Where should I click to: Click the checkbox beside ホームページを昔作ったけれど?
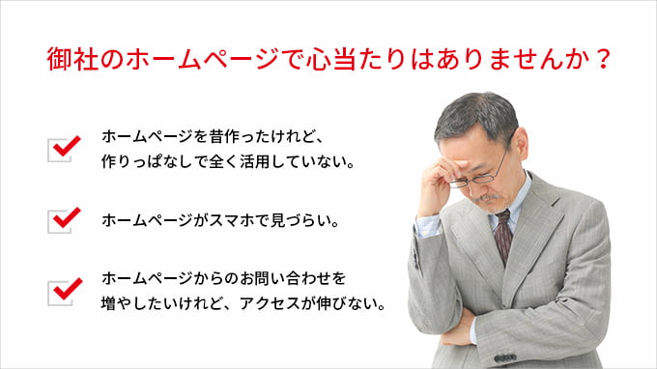[61, 149]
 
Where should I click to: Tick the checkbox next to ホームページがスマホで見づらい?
[61, 219]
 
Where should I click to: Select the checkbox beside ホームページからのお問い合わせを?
[61, 291]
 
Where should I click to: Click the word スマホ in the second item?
[238, 220]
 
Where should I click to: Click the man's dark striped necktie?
[501, 236]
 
